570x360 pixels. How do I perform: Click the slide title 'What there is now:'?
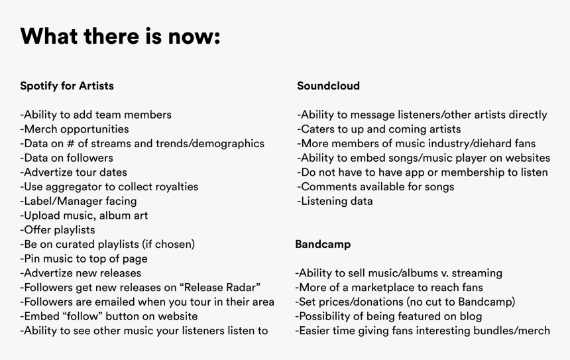click(121, 36)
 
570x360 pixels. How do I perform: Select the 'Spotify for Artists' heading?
click(67, 86)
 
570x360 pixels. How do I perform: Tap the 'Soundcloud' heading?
click(328, 86)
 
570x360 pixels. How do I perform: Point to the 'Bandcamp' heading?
click(323, 244)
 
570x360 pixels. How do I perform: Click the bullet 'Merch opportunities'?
click(74, 129)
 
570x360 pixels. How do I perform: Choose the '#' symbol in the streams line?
click(70, 143)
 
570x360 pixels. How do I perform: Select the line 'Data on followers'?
click(66, 158)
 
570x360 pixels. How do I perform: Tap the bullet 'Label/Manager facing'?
click(78, 201)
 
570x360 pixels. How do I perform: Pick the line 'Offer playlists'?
click(58, 230)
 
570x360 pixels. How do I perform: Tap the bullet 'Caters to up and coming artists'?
click(379, 129)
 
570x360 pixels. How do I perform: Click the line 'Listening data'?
click(335, 201)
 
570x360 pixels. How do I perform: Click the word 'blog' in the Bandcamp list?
click(471, 316)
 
